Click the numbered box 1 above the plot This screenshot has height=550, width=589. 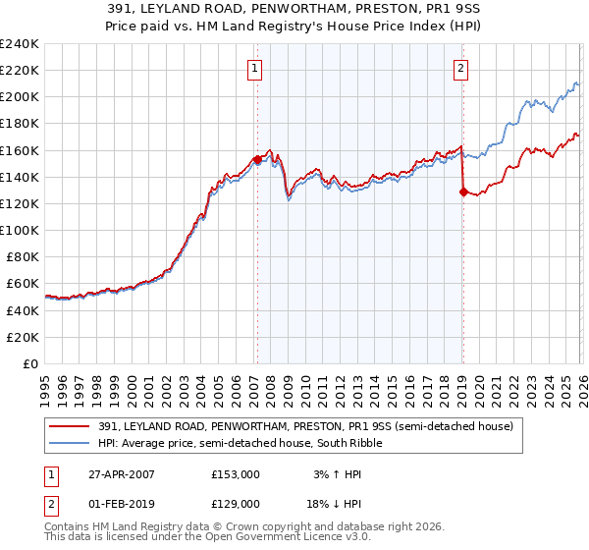click(x=255, y=69)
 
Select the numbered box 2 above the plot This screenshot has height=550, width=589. click(x=460, y=69)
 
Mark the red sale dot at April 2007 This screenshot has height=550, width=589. click(x=257, y=159)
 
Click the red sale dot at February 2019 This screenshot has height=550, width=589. click(x=462, y=192)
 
